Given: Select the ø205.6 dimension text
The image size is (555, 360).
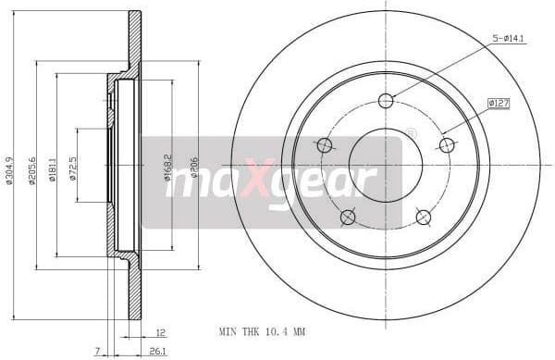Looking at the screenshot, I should [x=32, y=168].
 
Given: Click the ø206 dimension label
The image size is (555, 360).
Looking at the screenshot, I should [x=192, y=168].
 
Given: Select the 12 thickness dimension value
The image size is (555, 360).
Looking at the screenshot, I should [x=160, y=331].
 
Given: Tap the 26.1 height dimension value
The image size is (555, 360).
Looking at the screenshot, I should [x=157, y=350].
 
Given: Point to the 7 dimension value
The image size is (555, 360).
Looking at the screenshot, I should [x=96, y=350].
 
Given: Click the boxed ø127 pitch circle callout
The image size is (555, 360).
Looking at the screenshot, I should [x=499, y=104].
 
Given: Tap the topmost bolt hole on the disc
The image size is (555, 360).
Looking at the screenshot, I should [x=386, y=101].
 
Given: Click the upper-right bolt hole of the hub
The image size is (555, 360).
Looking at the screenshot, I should [x=447, y=145].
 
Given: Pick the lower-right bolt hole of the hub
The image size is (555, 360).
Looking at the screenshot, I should [x=424, y=217].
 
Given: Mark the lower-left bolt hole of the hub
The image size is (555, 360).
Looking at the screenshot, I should [x=348, y=217].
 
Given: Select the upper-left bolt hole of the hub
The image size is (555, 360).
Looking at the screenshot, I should [x=325, y=145].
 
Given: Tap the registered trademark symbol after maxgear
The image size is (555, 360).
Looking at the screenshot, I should [x=411, y=133].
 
